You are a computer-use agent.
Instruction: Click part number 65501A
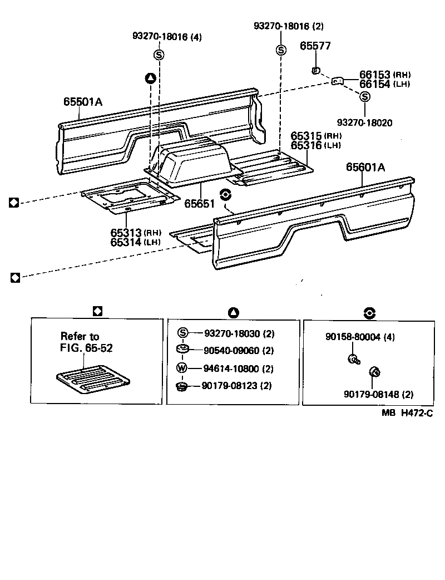[x=82, y=102]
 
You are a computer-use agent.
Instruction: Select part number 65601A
[x=366, y=166]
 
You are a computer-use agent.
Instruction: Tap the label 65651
[x=200, y=204]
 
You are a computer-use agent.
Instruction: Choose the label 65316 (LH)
[x=316, y=145]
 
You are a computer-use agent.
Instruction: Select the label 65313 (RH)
[x=135, y=233]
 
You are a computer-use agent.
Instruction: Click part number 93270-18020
[x=364, y=122]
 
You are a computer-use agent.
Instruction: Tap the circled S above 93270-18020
[x=365, y=97]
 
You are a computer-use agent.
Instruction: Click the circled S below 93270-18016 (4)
[x=159, y=54]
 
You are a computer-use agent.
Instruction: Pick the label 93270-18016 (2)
[x=288, y=26]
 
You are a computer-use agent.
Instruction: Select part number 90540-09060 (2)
[x=239, y=351]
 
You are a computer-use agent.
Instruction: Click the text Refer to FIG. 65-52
[x=82, y=342]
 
